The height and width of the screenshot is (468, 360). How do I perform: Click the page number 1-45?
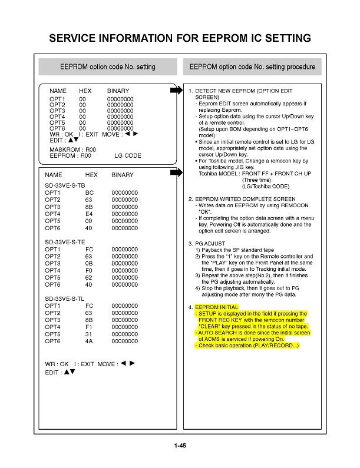coord(180,446)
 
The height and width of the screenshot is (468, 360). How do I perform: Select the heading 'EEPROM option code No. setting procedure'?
coord(252,67)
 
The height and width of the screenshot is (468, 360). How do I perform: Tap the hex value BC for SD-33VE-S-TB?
coord(90,192)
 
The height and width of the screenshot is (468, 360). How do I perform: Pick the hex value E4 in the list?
coord(90,214)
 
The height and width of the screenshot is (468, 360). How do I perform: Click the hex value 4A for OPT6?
coord(90,341)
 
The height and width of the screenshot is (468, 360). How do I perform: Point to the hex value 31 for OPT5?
coord(89,334)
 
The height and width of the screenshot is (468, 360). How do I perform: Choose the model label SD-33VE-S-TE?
coord(65,242)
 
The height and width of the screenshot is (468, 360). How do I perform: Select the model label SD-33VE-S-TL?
coord(64,298)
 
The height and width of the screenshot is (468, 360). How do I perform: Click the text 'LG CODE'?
coord(127,156)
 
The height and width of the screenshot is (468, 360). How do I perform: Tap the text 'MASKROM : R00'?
coord(72,150)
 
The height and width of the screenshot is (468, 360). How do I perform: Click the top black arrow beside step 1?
coord(176,91)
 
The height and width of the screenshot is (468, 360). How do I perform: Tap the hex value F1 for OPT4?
coord(90,327)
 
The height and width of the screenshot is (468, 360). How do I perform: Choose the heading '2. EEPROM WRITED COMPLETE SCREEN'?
coord(242,199)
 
